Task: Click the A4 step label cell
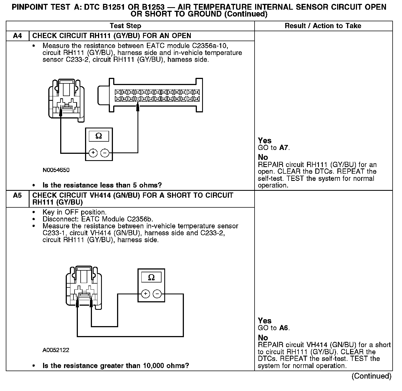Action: pyautogui.click(x=17, y=36)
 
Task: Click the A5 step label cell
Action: pyautogui.click(x=17, y=196)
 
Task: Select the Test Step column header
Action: pyautogui.click(x=125, y=26)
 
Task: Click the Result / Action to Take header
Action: pyautogui.click(x=323, y=26)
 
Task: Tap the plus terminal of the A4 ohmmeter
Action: pyautogui.click(x=93, y=153)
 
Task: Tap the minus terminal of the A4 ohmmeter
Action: pyautogui.click(x=104, y=153)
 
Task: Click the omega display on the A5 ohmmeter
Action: pyautogui.click(x=151, y=277)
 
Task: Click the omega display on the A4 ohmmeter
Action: pyautogui.click(x=99, y=136)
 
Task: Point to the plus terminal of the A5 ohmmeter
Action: pyautogui.click(x=146, y=294)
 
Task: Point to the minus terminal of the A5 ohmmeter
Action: pyautogui.click(x=157, y=294)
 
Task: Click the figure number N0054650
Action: pyautogui.click(x=56, y=170)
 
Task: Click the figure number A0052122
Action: pyautogui.click(x=56, y=350)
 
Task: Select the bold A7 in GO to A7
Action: pyautogui.click(x=284, y=148)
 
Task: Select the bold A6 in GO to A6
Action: pyautogui.click(x=284, y=328)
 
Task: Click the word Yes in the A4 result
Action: pyautogui.click(x=265, y=141)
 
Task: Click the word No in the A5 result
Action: pyautogui.click(x=263, y=338)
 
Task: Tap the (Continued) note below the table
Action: pyautogui.click(x=371, y=376)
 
